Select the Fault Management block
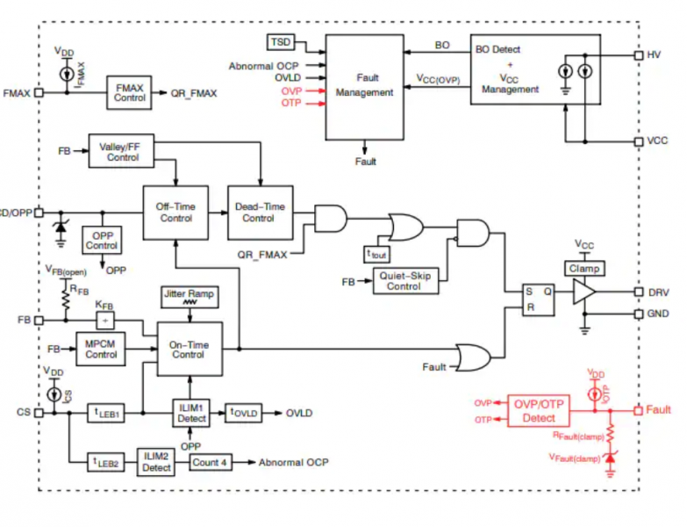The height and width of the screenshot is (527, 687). [x=367, y=86]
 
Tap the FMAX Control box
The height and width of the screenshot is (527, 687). [x=130, y=92]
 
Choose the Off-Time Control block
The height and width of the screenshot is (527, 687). [x=176, y=212]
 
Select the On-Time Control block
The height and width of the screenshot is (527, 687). [x=189, y=350]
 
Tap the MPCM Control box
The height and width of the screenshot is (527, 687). [x=101, y=349]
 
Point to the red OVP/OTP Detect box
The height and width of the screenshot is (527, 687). [x=539, y=410]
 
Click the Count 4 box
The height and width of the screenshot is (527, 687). [x=210, y=462]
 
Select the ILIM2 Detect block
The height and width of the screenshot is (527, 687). [x=157, y=462]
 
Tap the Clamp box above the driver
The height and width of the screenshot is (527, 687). [x=584, y=268]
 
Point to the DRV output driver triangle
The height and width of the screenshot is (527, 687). [x=583, y=292]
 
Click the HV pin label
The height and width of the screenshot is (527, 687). [x=654, y=54]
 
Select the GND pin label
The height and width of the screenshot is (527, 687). [x=658, y=314]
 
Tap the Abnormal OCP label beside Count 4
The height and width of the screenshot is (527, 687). [x=293, y=462]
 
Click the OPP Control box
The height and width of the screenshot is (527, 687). [x=102, y=241]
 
